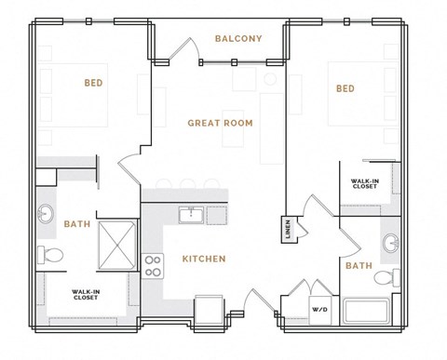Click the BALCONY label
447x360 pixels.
[x=238, y=38]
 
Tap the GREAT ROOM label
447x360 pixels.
[x=220, y=123]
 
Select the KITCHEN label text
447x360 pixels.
[x=203, y=259]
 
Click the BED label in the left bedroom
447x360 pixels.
[x=93, y=83]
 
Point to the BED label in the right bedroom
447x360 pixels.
[x=345, y=88]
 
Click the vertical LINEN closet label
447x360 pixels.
[x=287, y=229]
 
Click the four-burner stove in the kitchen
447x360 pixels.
[x=152, y=265]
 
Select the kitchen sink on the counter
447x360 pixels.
[x=193, y=215]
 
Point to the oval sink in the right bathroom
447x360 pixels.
[x=390, y=244]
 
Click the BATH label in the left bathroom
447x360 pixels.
[x=76, y=224]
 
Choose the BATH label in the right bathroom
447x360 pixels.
[x=359, y=266]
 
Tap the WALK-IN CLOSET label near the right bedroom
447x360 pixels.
[x=364, y=183]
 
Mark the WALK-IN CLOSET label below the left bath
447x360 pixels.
[x=86, y=296]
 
